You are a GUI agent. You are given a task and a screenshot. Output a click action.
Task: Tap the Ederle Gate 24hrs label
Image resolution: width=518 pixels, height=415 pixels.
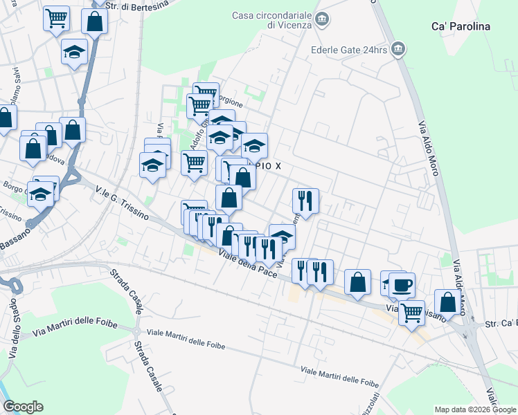[348, 50]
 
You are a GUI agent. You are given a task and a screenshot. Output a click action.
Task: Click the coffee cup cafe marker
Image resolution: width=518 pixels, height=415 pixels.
[402, 284]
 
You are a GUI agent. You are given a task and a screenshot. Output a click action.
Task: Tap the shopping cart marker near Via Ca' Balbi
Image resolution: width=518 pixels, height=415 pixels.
[412, 312]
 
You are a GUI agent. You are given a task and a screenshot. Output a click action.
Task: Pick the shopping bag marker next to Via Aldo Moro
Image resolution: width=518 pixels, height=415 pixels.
[448, 302]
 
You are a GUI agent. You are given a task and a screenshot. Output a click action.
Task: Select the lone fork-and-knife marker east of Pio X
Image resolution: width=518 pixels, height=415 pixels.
[305, 201]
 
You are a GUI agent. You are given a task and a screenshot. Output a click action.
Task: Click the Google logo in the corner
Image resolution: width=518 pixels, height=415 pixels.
[23, 407]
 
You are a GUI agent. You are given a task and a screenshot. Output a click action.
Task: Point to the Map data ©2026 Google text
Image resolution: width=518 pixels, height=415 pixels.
[474, 409]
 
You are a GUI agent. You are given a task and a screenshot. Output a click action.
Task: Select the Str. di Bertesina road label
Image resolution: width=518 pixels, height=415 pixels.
[143, 5]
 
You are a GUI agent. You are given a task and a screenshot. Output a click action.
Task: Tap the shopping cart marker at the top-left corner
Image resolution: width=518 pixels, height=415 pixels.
[56, 19]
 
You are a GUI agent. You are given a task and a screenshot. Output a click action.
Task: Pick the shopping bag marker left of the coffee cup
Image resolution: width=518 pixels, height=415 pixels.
[357, 282]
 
